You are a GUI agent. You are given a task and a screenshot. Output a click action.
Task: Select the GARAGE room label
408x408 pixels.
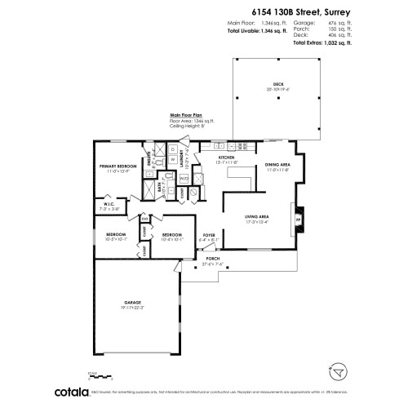133,302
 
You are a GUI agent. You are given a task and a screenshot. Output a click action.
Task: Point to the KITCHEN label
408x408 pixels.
204,157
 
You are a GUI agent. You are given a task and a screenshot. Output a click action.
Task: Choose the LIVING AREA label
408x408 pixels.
257,215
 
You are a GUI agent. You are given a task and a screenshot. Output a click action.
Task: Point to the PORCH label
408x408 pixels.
213,258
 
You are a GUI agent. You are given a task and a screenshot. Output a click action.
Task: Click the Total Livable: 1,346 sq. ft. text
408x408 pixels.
258,30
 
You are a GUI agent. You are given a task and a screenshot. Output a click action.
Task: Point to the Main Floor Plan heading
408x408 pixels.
187,115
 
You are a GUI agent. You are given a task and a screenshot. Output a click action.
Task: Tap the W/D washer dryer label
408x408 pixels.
184,177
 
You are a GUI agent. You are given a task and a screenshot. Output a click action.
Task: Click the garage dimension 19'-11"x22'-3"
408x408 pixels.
133,308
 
